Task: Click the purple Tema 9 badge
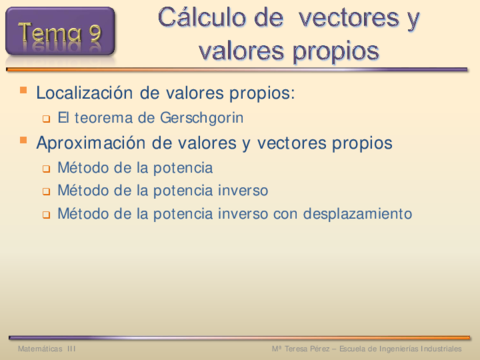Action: (60, 32)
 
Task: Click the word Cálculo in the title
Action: (203, 17)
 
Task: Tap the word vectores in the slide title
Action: (349, 18)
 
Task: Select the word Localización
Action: (84, 93)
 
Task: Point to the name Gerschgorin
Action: (202, 118)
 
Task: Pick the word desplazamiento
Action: (357, 214)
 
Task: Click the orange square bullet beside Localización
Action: (23, 90)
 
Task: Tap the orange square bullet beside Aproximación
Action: (23, 140)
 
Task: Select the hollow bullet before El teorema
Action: (46, 119)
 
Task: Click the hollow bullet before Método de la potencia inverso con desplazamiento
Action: (46, 215)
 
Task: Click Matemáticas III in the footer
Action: (47, 349)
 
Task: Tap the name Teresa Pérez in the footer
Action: (307, 349)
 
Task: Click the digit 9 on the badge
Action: (95, 32)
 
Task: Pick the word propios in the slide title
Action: (336, 53)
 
